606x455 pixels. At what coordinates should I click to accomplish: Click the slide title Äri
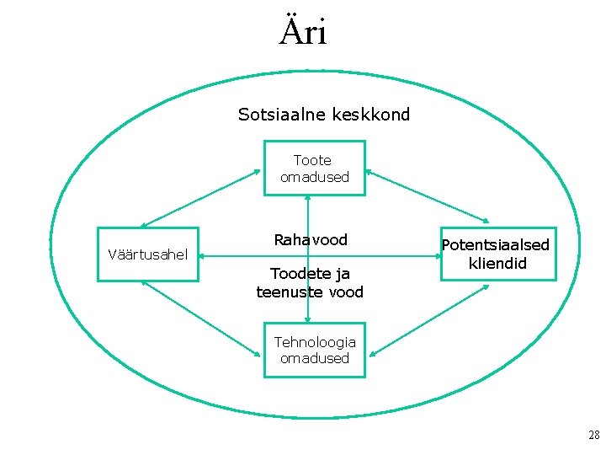303,32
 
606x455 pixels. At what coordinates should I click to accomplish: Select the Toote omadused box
314,169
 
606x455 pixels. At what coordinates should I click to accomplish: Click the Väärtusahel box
148,254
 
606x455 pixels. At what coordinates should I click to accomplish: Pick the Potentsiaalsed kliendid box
496,254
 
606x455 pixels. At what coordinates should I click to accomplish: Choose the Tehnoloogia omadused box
314,350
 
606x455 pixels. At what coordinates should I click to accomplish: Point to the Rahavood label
311,240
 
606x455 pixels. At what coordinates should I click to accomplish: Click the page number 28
594,435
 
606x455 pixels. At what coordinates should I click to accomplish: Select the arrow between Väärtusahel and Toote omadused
200,199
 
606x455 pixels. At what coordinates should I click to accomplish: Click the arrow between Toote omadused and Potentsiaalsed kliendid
427,199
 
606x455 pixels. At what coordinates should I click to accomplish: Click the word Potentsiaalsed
496,245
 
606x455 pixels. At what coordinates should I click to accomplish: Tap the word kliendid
497,264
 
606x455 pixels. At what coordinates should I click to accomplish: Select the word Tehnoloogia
315,342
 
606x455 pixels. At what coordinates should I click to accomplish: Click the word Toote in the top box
312,160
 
